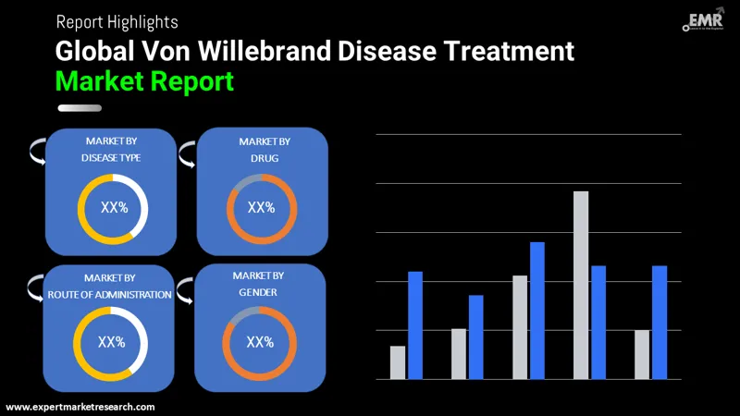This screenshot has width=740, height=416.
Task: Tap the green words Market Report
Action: tap(144, 81)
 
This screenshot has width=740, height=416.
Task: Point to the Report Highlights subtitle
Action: tap(117, 20)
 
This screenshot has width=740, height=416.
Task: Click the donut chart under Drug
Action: tap(262, 208)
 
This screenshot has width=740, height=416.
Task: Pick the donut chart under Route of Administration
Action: tap(111, 342)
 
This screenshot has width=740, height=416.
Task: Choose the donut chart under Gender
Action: tap(260, 342)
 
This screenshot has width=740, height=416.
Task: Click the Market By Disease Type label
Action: tap(111, 149)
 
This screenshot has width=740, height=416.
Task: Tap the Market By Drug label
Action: tap(265, 149)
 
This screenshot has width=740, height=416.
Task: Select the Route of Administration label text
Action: tap(110, 294)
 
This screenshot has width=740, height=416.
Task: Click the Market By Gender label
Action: tap(258, 284)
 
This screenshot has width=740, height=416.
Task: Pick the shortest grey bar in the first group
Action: tap(398, 362)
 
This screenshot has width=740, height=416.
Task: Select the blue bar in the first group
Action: tap(415, 324)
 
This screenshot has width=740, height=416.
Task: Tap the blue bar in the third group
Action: tap(537, 310)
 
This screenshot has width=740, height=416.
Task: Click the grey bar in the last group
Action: tap(642, 354)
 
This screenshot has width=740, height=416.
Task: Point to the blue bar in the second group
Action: tap(476, 336)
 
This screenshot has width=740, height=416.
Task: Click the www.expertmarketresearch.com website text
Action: tap(80, 407)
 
